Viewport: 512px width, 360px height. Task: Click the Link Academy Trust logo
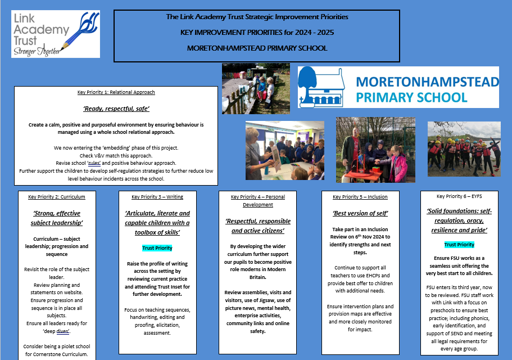point(55,34)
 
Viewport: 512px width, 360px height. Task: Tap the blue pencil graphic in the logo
point(84,31)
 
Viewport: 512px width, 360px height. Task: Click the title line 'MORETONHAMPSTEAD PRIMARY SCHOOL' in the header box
point(257,48)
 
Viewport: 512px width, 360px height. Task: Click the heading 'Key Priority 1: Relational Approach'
point(116,92)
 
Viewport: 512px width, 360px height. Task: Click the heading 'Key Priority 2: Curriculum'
point(57,197)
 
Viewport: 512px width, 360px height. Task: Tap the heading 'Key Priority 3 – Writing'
point(157,197)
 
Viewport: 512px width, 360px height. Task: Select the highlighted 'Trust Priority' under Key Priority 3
point(157,248)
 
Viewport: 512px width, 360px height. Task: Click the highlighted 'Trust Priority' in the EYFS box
point(459,245)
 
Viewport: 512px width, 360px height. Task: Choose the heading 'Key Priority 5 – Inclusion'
point(360,197)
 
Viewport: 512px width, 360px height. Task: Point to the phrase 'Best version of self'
point(360,213)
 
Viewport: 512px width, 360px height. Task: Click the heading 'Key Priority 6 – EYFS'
point(459,196)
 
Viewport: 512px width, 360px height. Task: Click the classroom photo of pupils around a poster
point(284,150)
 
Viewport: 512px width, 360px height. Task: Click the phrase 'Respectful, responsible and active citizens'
point(258,226)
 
